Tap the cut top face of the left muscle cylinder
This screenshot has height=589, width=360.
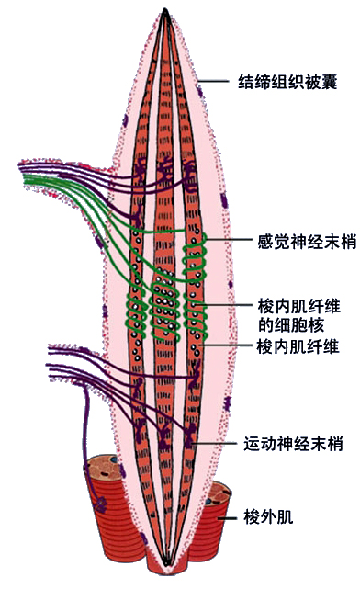[x=103, y=467]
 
